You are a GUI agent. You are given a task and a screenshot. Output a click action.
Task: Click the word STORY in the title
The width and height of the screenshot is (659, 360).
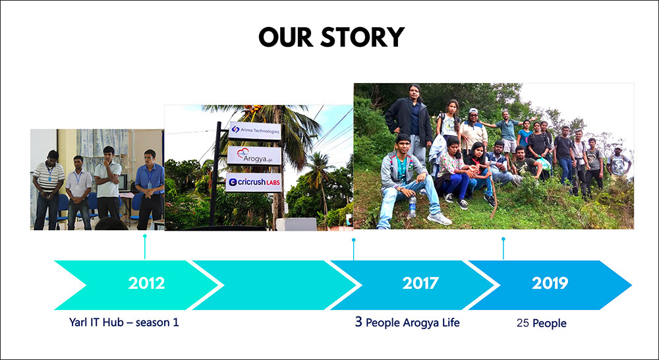point(362,37)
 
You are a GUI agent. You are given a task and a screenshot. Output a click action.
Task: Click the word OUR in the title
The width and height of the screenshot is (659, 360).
point(286,37)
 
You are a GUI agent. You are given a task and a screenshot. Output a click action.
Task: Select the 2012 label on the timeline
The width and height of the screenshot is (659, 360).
point(146,283)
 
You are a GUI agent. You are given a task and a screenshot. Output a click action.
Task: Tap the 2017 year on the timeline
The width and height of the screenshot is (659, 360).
point(420,283)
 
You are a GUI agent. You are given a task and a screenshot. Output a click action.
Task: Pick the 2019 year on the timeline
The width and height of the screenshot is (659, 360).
point(550,283)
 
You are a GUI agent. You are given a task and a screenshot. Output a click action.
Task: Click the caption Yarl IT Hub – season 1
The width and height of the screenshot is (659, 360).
point(124,322)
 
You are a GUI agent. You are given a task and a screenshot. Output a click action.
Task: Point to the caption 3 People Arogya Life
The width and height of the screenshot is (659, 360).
point(407,322)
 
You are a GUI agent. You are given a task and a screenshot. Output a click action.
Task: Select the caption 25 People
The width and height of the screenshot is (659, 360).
point(541,323)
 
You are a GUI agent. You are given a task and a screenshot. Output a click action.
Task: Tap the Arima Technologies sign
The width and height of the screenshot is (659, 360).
point(254,131)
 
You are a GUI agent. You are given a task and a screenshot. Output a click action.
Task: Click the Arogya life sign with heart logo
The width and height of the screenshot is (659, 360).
point(254,156)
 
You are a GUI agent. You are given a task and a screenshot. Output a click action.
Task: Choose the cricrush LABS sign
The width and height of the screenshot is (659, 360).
point(254,183)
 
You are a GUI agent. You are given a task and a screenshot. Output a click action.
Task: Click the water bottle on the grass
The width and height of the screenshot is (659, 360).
point(413,206)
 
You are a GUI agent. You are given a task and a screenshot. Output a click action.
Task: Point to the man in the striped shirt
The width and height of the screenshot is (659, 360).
point(48,189)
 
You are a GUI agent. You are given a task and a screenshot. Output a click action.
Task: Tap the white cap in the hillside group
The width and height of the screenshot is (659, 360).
point(474,111)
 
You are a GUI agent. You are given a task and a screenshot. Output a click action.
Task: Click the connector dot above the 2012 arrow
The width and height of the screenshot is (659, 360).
point(145,236)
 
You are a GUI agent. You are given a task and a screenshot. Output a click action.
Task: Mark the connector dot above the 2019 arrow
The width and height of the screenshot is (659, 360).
point(503,239)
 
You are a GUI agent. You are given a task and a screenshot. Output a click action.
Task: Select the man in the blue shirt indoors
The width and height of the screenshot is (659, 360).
point(150,189)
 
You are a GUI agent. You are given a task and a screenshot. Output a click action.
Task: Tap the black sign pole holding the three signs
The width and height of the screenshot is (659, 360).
point(215,174)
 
